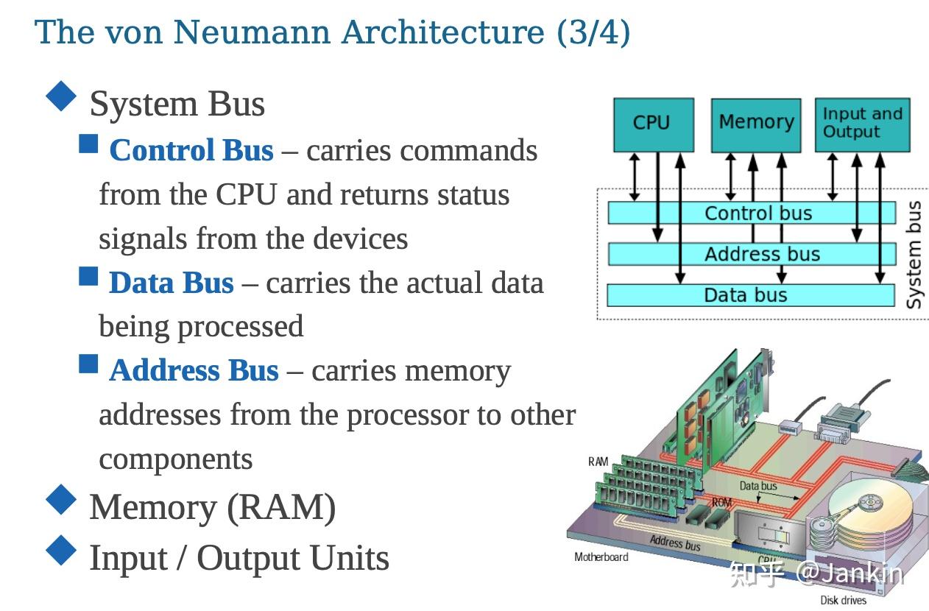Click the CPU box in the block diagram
click(x=653, y=124)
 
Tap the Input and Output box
click(x=862, y=124)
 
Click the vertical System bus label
click(x=914, y=255)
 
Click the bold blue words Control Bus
click(x=191, y=151)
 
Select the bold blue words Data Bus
click(x=171, y=283)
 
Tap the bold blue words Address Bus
click(x=194, y=371)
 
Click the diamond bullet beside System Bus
click(x=61, y=96)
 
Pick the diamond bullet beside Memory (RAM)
click(x=61, y=500)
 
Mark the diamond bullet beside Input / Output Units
click(x=61, y=551)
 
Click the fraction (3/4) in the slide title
click(x=593, y=33)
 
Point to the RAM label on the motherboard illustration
click(x=598, y=462)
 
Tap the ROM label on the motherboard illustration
click(x=721, y=502)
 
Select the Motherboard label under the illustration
click(x=601, y=557)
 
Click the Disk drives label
click(x=843, y=601)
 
